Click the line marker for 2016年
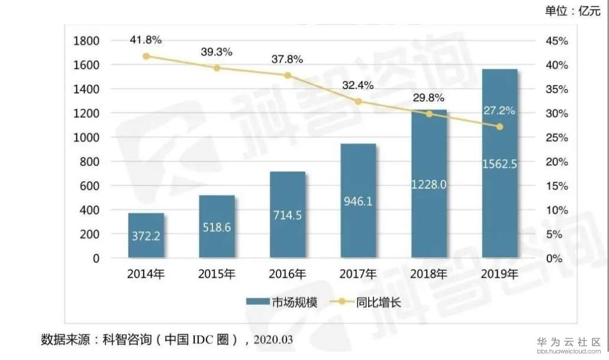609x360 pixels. click(x=288, y=76)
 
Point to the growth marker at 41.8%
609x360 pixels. click(x=146, y=56)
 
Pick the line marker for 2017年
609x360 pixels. click(x=358, y=102)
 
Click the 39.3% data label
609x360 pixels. click(x=217, y=52)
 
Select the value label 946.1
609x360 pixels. click(x=358, y=202)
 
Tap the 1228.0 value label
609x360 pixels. click(x=429, y=185)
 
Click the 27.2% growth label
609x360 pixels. click(x=500, y=111)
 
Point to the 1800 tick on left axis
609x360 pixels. click(x=86, y=41)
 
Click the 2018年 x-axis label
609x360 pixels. click(x=429, y=274)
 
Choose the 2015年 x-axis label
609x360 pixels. click(x=217, y=274)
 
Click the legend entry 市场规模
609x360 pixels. click(x=282, y=303)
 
